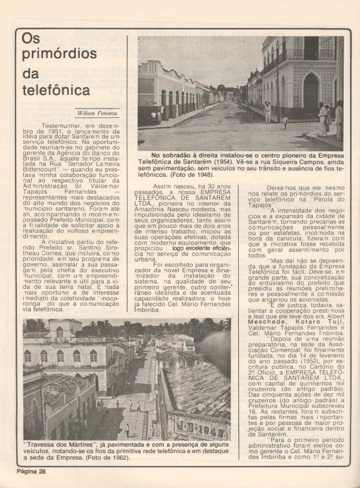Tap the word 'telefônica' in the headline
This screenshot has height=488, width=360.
[55, 91]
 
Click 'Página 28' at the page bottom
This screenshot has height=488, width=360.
[31, 472]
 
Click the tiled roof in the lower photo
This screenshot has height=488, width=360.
[198, 390]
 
